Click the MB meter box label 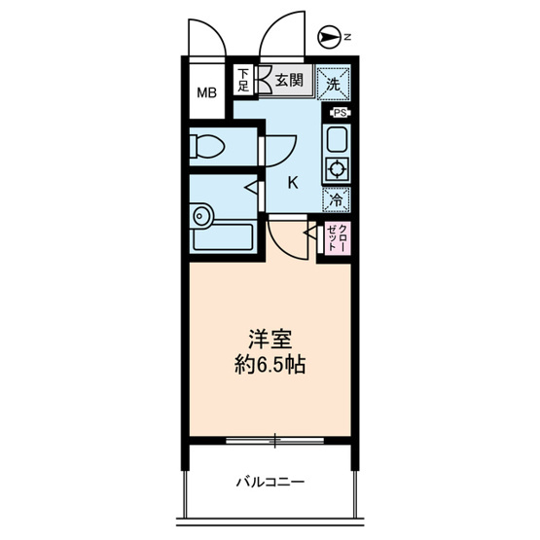point(206,92)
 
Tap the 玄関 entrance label point(289,80)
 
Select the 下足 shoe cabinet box point(243,81)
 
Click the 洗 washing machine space point(334,85)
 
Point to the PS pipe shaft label point(341,113)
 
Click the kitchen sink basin point(338,139)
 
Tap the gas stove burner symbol point(336,169)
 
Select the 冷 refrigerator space point(336,199)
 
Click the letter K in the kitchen point(293,183)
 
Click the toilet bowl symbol point(206,146)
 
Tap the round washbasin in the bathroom point(200,216)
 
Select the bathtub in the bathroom point(223,237)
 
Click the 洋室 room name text point(270,340)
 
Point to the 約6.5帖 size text point(270,365)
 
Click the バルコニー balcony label point(270,482)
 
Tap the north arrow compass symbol point(327,37)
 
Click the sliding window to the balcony point(274,440)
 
